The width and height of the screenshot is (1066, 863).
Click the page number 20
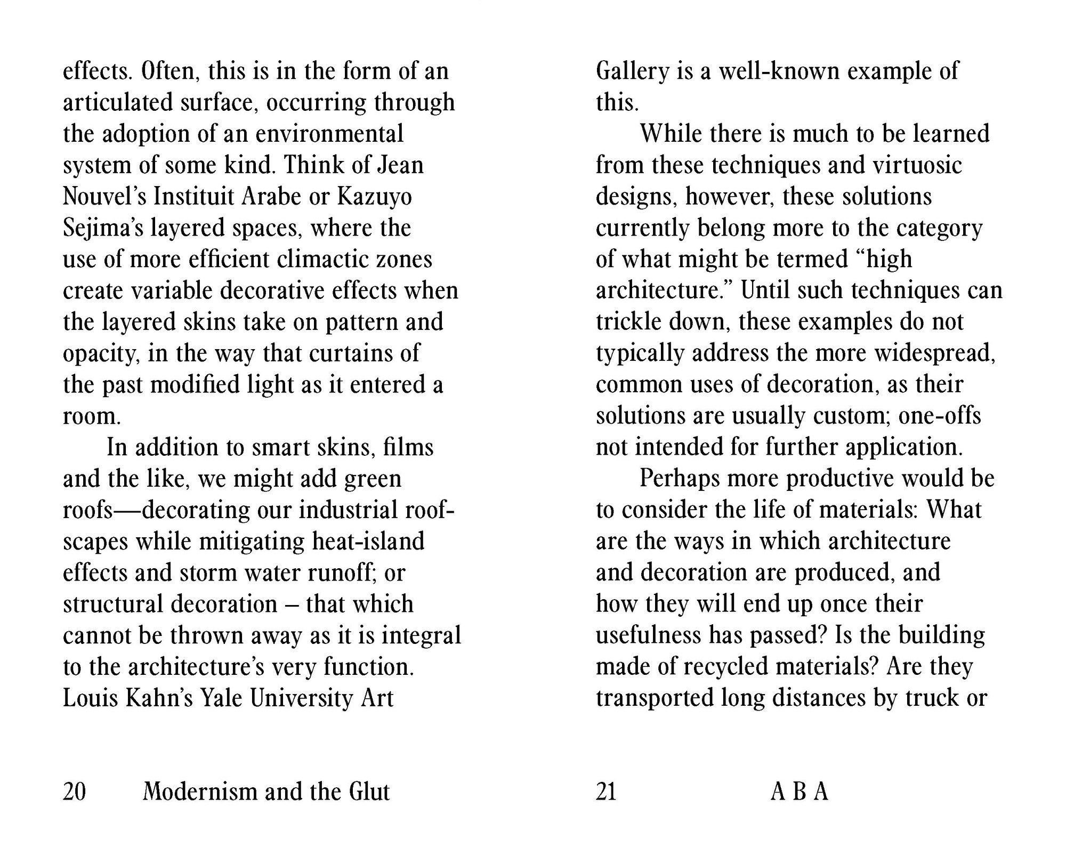[74, 792]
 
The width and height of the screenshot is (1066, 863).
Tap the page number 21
[606, 792]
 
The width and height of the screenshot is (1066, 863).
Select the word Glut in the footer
[369, 792]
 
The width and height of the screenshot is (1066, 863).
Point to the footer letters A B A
[799, 792]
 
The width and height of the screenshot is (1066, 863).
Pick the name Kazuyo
[374, 197]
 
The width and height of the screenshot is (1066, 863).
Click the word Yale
[220, 698]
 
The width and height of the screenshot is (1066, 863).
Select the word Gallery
[632, 71]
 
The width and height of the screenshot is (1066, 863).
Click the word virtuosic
[917, 165]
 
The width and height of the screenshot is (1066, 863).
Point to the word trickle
[627, 322]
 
